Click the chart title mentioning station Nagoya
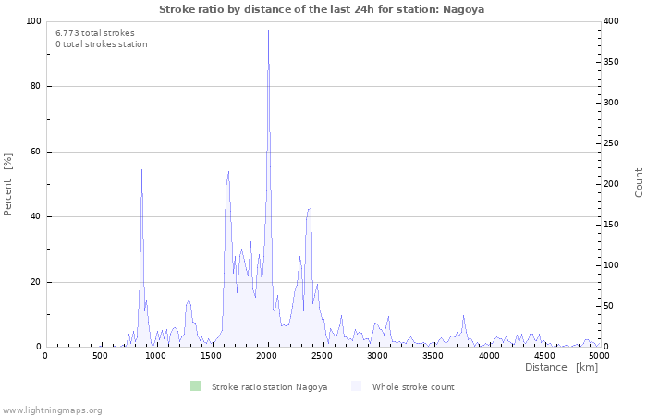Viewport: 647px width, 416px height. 322,9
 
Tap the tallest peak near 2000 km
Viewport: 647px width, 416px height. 268,30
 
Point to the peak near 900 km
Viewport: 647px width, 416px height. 141,169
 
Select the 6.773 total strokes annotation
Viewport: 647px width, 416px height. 95,33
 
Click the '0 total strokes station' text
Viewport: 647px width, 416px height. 102,44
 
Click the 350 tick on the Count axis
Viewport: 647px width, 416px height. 611,62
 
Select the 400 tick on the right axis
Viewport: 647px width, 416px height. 611,21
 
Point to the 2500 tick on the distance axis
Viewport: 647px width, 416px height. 323,356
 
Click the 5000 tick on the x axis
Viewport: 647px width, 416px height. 599,356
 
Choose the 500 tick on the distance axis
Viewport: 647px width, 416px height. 100,356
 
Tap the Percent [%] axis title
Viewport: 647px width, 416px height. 7,185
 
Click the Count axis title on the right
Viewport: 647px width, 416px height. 639,182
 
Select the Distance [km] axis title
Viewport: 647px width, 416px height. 562,367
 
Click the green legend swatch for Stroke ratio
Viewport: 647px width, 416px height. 195,386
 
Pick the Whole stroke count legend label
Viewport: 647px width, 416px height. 413,387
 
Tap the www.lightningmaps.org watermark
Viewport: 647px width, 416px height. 52,410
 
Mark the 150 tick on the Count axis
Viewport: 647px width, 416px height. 611,225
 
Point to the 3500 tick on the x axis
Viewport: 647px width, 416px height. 433,356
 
